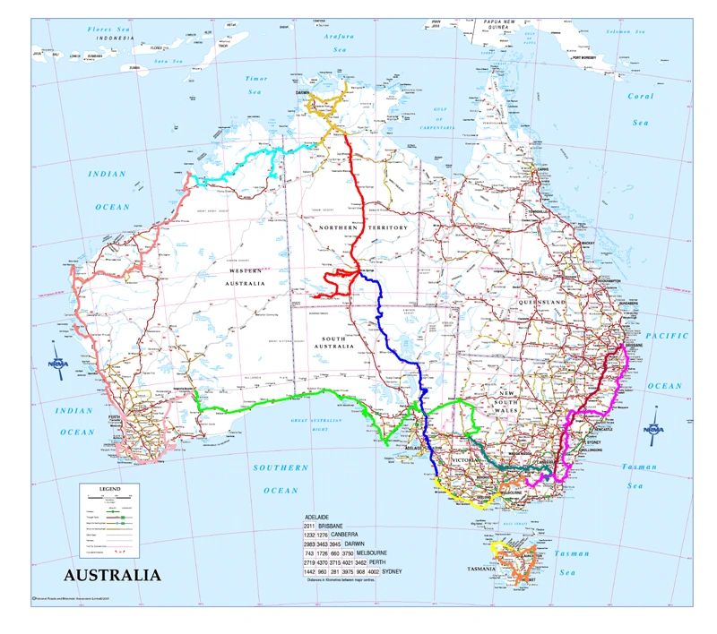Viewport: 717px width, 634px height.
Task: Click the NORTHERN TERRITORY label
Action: [x=363, y=228]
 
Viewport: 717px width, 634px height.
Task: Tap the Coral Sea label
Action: [x=640, y=108]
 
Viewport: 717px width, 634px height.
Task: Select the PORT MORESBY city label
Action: [x=581, y=57]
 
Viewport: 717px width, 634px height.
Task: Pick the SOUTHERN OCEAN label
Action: [x=281, y=479]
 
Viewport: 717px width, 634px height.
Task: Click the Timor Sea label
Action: [x=256, y=85]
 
